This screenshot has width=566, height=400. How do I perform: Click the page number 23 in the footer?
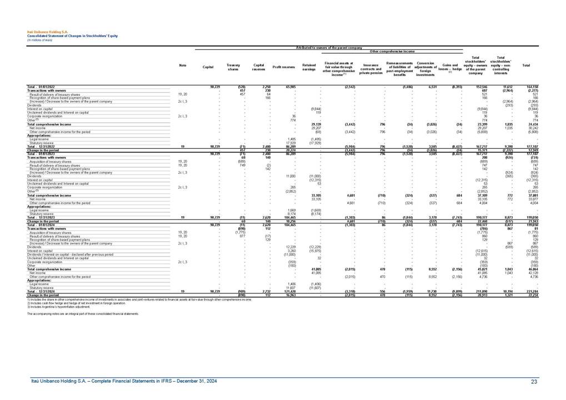534,381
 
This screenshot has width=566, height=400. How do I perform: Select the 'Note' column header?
183,66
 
